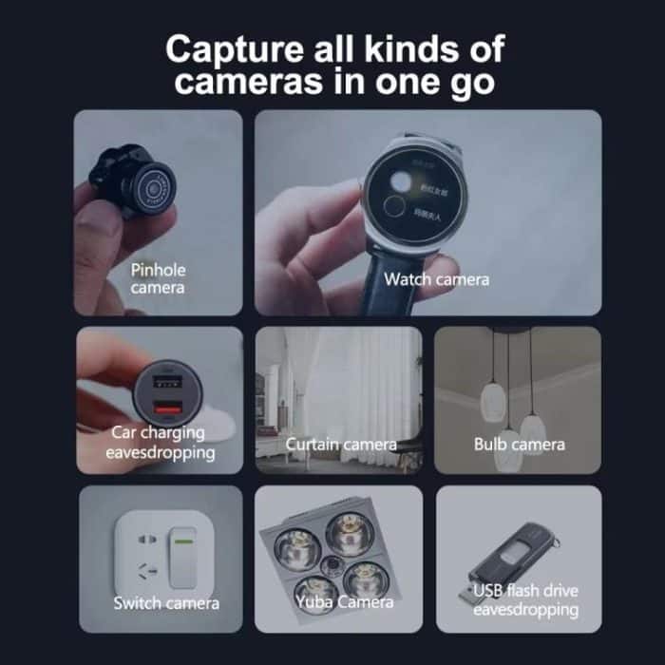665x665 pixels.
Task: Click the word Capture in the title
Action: coord(227,48)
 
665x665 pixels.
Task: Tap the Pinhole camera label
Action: coord(158,278)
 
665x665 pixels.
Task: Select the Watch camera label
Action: coord(436,279)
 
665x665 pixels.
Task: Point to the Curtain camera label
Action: coord(341,445)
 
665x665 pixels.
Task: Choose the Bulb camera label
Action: coord(519,444)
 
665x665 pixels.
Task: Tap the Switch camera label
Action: coord(166,602)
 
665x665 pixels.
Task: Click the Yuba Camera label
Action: coord(340,601)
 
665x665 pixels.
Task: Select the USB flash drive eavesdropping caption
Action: coord(525,600)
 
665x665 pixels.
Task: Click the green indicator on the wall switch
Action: coord(180,543)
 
